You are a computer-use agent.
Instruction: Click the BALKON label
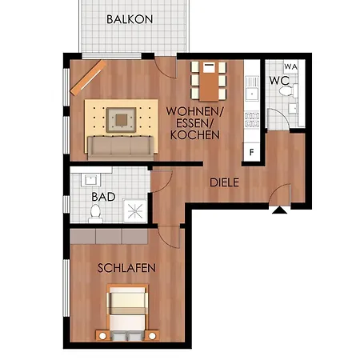coord(130,19)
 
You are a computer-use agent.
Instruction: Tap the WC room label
coord(279,80)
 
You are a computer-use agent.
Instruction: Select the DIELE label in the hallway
coord(224,182)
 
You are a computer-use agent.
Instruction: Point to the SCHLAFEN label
coord(126,268)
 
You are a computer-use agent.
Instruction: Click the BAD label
coord(103,197)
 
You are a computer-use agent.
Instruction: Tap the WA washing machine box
coord(290,66)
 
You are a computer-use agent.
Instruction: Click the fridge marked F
coord(252,152)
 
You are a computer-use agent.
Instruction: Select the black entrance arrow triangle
coord(280,210)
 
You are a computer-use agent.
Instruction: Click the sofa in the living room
coord(121,148)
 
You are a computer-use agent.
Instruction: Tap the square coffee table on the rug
coord(122,120)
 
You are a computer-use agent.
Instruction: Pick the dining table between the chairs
coord(209,82)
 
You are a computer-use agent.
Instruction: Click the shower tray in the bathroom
coord(135,211)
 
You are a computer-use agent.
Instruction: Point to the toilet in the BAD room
coord(95,214)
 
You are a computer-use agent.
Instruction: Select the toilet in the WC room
coord(287,90)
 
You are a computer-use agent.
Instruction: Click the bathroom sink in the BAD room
coord(91,179)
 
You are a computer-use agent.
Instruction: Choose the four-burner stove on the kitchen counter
coord(252,119)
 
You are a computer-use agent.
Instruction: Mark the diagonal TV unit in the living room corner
coord(88,78)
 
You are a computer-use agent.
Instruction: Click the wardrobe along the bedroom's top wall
coord(109,236)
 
